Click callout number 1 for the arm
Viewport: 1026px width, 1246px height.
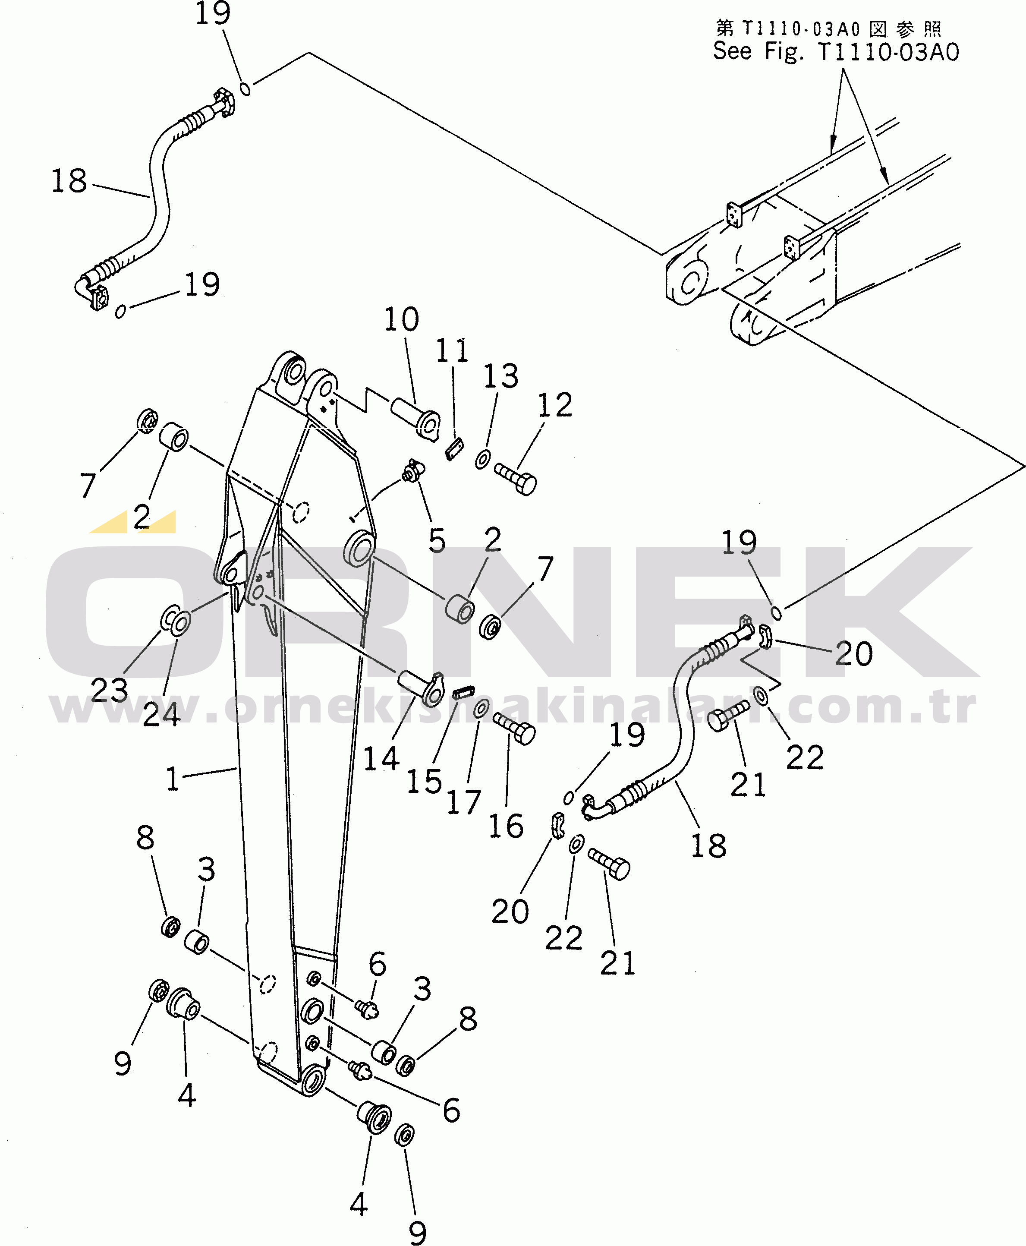[x=173, y=779]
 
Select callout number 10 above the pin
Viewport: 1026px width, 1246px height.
[x=402, y=320]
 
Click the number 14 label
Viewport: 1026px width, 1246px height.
[x=381, y=759]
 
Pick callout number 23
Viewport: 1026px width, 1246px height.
[x=109, y=690]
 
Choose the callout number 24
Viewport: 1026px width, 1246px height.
[x=161, y=715]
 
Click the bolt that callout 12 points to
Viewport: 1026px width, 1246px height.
[x=516, y=478]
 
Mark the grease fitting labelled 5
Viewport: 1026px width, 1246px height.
[x=413, y=471]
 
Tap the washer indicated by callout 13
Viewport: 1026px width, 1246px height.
[x=482, y=459]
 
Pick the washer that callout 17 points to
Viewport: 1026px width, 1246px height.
[x=481, y=707]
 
